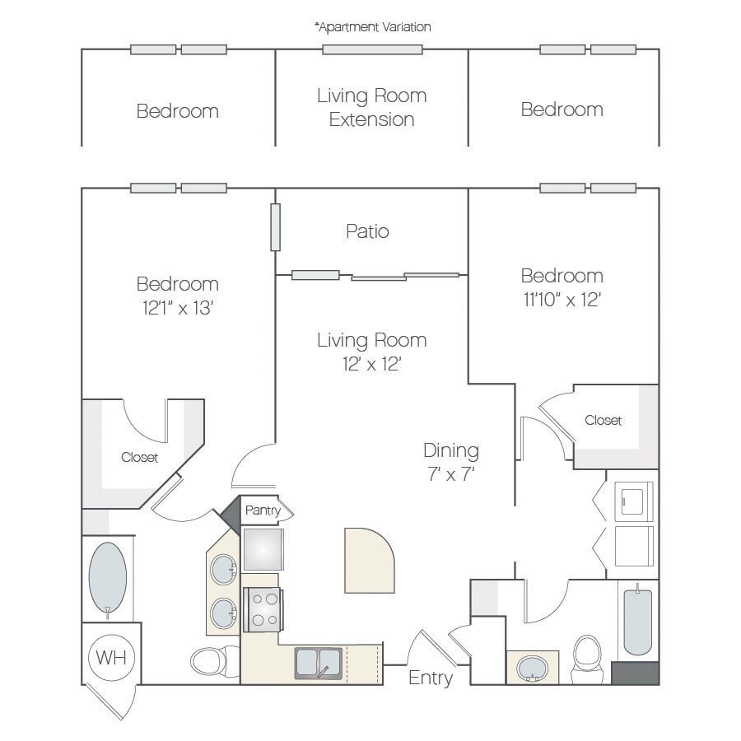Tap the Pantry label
[263, 510]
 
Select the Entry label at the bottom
[431, 678]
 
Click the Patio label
[367, 231]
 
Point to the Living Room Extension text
[371, 107]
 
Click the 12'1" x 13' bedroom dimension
[178, 308]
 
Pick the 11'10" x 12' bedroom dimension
[562, 299]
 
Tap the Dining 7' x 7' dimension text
[450, 474]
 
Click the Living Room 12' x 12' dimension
[371, 363]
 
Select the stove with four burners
[263, 609]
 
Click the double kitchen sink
[318, 663]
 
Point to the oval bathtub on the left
[107, 576]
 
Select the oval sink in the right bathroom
[532, 668]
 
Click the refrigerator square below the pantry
[263, 549]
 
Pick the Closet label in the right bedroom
[604, 420]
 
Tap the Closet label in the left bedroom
[139, 457]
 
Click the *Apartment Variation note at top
[372, 26]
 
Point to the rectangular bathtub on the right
[638, 621]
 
